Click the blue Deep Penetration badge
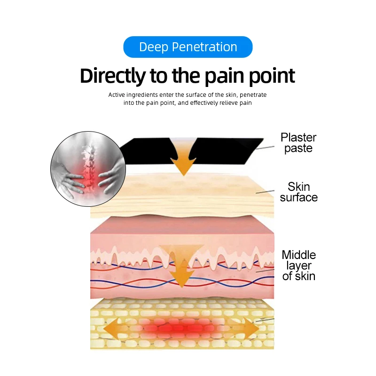pyautogui.click(x=188, y=47)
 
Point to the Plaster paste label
pyautogui.click(x=298, y=143)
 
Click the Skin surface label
pyautogui.click(x=298, y=192)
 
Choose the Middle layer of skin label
pyautogui.click(x=298, y=266)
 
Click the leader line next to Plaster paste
pyautogui.click(x=266, y=147)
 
